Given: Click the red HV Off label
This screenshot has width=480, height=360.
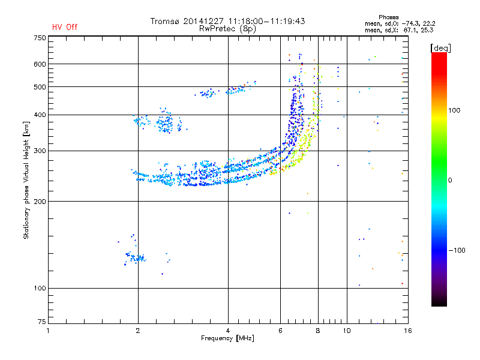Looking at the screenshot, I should coord(64,27).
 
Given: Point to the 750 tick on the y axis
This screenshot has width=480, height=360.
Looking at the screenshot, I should coord(40,38).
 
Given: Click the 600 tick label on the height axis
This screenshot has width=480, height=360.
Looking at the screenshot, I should coord(40,64).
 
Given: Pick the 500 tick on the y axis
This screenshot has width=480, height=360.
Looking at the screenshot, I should coord(40,87).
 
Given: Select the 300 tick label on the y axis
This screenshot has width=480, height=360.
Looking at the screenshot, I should coord(40,151).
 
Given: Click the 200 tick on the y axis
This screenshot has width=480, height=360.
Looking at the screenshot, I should coord(40,202).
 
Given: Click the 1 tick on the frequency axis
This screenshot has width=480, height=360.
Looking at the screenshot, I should coord(48,330).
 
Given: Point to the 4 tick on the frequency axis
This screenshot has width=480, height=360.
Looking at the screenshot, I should coord(228,330).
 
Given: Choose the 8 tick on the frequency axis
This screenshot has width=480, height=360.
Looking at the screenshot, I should coord(318,330).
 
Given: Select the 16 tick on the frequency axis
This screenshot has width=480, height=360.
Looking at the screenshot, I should coord(407,330).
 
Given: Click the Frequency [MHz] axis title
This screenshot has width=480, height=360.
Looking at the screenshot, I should coord(227,338).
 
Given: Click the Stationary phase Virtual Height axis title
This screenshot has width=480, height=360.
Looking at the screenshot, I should coord(26,180).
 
